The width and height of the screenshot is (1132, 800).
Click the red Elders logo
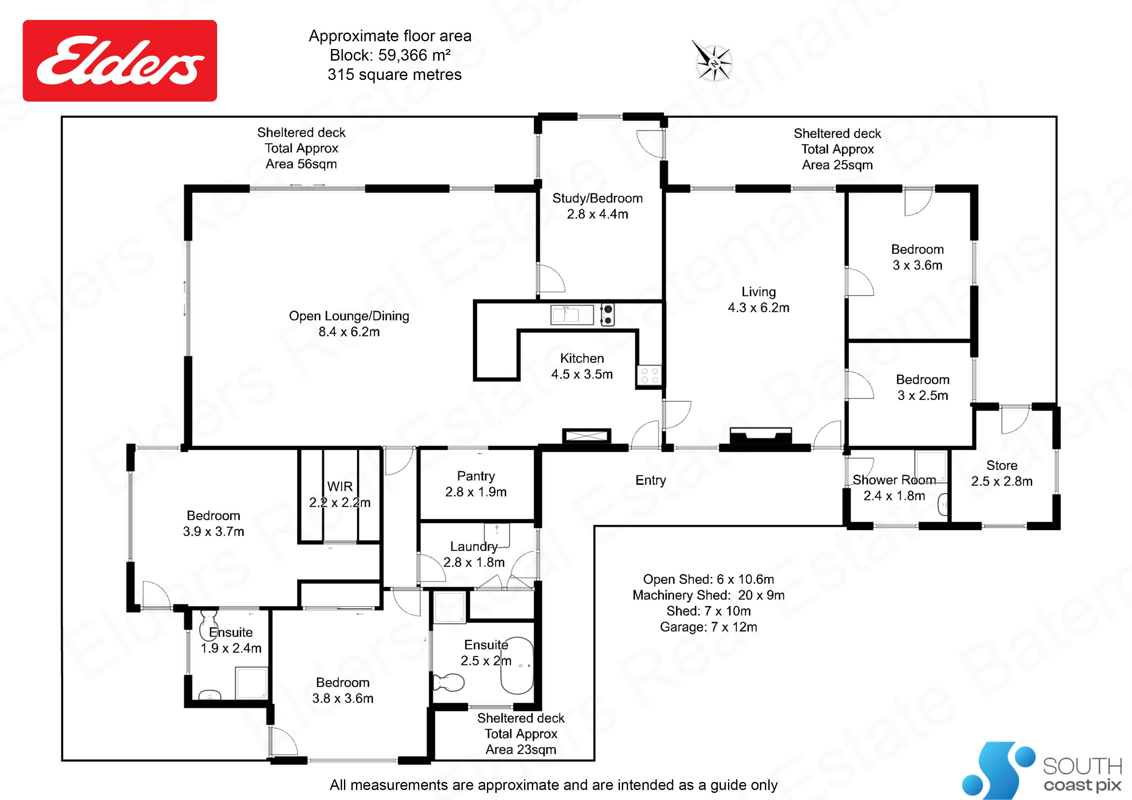tap(120, 61)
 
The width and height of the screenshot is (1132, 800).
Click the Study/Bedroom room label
tap(598, 198)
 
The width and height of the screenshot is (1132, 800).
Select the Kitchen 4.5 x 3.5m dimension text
tap(582, 374)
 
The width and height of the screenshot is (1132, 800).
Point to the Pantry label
tap(476, 476)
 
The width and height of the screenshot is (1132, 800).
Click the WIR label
tap(340, 486)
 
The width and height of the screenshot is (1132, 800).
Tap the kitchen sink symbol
tap(572, 315)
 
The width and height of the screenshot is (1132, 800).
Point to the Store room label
tap(1002, 465)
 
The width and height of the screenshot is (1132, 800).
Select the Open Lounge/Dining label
tap(349, 316)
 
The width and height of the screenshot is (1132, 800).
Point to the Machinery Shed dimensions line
tap(709, 595)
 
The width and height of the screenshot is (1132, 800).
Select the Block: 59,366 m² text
tap(390, 55)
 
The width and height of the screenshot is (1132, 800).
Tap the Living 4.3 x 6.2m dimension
tap(758, 307)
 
